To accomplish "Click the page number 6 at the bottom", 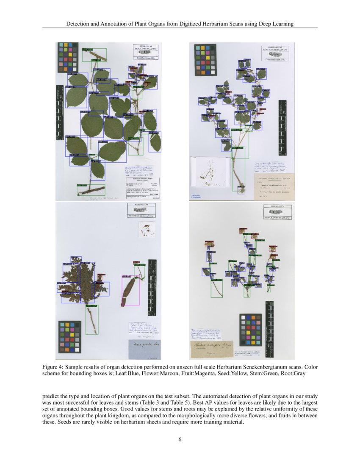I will click(x=180, y=439).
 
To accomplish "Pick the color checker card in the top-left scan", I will click(x=68, y=57).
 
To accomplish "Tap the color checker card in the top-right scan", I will click(x=205, y=60).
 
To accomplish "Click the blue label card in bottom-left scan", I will click(x=143, y=350).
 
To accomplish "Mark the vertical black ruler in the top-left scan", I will click(x=58, y=112).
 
